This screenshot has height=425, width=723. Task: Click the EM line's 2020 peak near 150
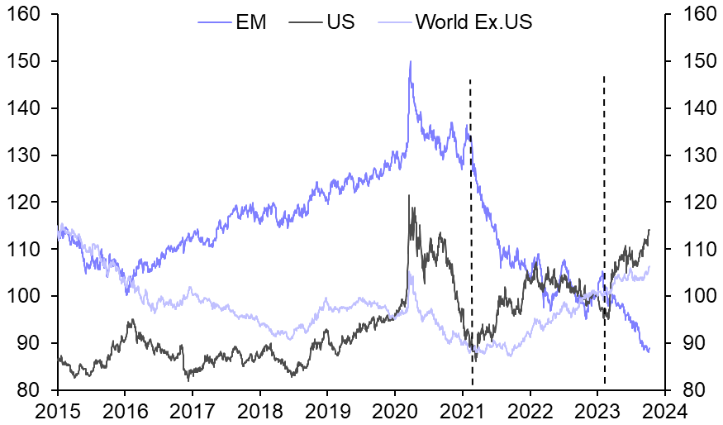tap(410, 61)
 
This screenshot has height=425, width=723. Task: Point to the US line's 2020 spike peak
tap(409, 196)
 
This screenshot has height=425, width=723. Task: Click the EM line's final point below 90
tap(649, 351)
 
